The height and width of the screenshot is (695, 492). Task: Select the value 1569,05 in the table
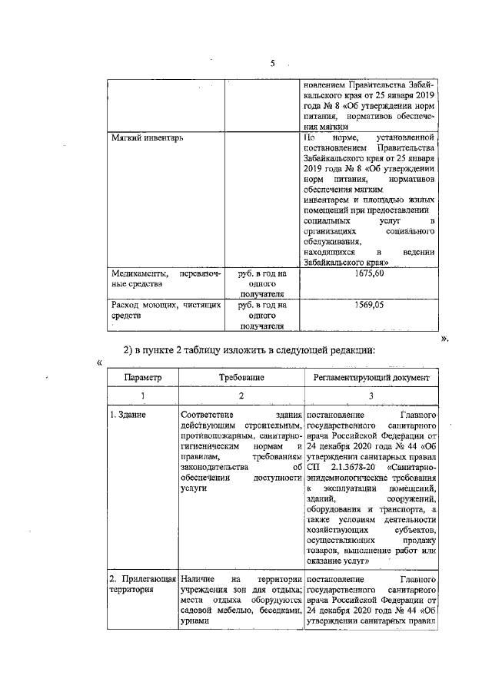click(x=370, y=305)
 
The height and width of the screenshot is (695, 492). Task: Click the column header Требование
click(x=241, y=379)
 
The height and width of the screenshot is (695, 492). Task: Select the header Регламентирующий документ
click(x=372, y=379)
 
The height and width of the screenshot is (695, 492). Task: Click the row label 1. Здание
click(x=127, y=415)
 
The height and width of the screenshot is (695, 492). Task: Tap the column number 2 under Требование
click(x=241, y=395)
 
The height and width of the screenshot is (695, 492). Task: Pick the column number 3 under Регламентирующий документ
click(x=372, y=395)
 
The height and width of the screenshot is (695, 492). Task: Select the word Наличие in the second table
click(x=198, y=577)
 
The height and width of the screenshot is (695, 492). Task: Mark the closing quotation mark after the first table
click(x=444, y=336)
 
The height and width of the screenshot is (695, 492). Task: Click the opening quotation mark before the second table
click(x=98, y=362)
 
